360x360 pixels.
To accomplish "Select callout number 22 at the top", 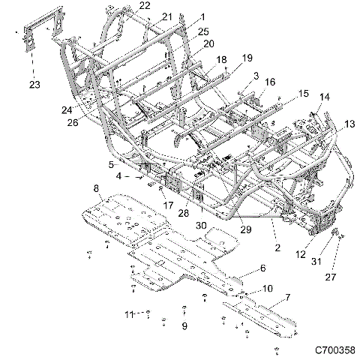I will coord(144,5).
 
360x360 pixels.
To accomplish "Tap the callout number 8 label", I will coord(96,187).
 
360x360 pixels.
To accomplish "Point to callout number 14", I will coord(324,97).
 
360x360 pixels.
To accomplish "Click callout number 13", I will coord(328,123).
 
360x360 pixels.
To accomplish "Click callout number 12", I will coord(301,255).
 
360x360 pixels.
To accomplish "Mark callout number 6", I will coord(262,268).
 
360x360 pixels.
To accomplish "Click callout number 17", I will coord(167,204).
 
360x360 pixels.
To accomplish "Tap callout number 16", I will coord(270,82).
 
